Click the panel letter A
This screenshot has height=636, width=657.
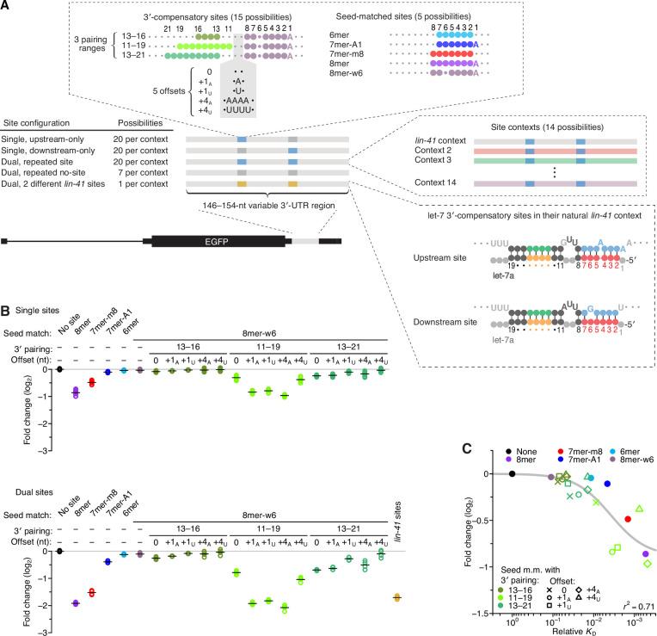pyautogui.click(x=7, y=6)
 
